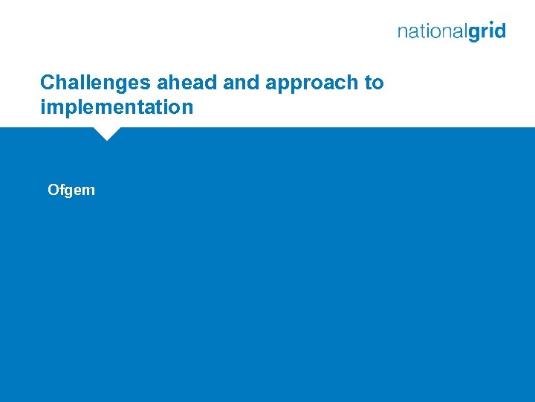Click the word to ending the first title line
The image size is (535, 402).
(x=374, y=83)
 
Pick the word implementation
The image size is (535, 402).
(x=117, y=108)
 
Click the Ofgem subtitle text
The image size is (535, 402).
(x=71, y=190)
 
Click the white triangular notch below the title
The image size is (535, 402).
(x=107, y=134)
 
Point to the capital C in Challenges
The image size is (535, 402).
(x=47, y=83)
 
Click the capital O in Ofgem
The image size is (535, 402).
(x=53, y=190)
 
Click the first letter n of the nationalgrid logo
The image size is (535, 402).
(x=403, y=32)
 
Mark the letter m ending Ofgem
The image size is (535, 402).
(x=89, y=191)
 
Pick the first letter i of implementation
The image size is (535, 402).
(x=43, y=107)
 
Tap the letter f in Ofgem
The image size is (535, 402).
(x=62, y=190)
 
